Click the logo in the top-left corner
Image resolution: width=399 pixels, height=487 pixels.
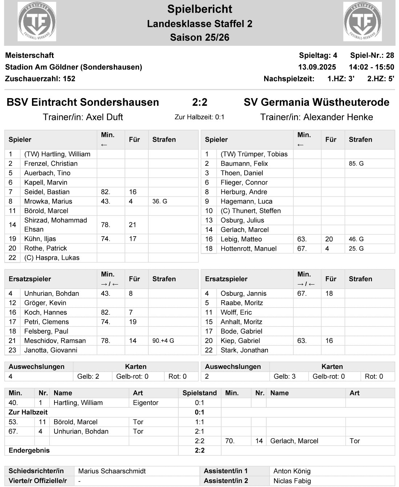pyautogui.click(x=37, y=21)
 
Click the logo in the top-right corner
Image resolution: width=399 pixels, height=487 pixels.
pyautogui.click(x=362, y=21)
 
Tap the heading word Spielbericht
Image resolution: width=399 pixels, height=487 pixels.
pyautogui.click(x=199, y=9)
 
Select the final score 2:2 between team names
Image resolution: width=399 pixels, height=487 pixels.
pyautogui.click(x=199, y=102)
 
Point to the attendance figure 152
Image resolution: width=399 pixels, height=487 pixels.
pyautogui.click(x=69, y=79)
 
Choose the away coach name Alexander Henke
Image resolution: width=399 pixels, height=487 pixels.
pyautogui.click(x=338, y=117)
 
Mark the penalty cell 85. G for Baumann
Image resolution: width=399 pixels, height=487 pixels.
pyautogui.click(x=356, y=164)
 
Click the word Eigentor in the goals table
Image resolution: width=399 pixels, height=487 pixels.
pyautogui.click(x=146, y=403)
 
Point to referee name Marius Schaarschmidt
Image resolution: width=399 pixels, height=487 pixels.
pyautogui.click(x=112, y=471)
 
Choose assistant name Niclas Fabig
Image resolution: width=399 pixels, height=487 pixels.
pyautogui.click(x=292, y=481)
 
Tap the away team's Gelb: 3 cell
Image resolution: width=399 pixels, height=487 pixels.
pyautogui.click(x=285, y=377)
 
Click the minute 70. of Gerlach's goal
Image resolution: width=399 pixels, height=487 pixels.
pyautogui.click(x=230, y=441)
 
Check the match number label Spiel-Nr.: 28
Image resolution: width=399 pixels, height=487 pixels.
pyautogui.click(x=372, y=55)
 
